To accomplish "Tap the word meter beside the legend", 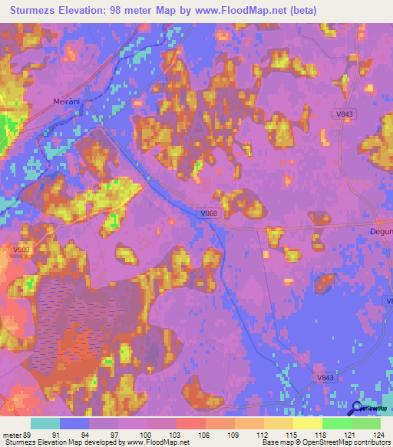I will [12, 435].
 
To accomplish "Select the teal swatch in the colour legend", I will [45, 423].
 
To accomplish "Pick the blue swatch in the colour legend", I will [74, 423].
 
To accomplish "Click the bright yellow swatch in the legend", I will [308, 423].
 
